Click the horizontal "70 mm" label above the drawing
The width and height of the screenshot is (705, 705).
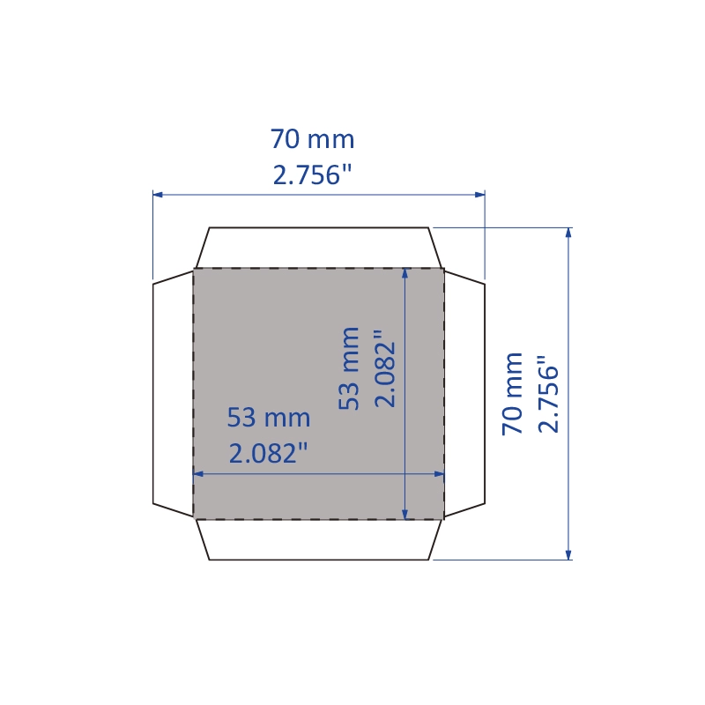[x=313, y=139]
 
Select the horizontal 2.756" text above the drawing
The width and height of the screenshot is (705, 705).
[x=313, y=174]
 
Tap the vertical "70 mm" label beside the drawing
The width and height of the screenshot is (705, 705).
[x=513, y=394]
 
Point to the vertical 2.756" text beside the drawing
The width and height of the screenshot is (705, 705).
[x=548, y=394]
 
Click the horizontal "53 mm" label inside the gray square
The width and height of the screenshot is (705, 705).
[x=269, y=417]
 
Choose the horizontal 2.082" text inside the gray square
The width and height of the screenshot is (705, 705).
[x=269, y=453]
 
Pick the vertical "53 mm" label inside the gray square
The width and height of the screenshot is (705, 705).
[x=349, y=368]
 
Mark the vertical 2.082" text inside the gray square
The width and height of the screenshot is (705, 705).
[x=384, y=368]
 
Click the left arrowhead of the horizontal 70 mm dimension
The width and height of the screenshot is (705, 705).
[x=158, y=195]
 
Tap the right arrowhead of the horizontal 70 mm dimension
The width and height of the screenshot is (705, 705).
[x=479, y=195]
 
